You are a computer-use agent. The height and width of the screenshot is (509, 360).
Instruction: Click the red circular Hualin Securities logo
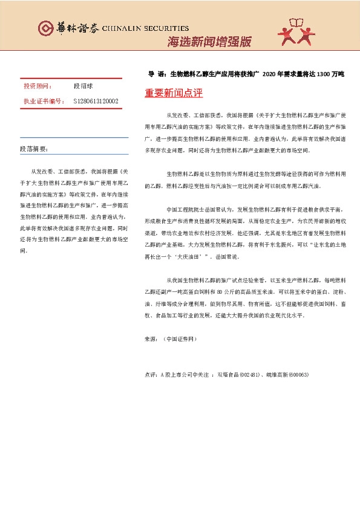pyautogui.click(x=45, y=28)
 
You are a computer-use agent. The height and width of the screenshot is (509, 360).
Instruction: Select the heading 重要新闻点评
pyautogui.click(x=174, y=94)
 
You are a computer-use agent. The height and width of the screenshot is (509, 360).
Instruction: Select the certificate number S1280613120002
pyautogui.click(x=96, y=101)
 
